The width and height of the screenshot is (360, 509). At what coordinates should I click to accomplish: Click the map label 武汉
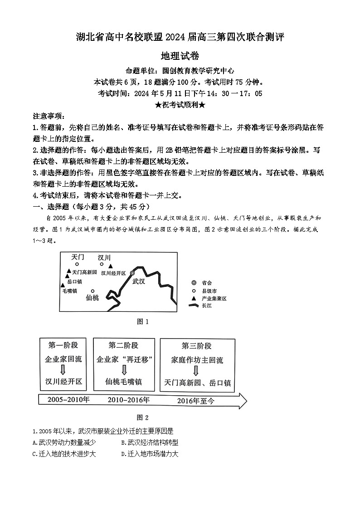138,281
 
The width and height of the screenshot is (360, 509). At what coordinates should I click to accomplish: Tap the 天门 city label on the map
78,257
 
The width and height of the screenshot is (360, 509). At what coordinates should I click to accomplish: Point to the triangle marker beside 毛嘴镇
63,285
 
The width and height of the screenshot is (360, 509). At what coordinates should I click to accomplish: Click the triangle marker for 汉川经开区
110,267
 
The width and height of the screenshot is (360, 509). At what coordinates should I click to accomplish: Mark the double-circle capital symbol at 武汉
132,273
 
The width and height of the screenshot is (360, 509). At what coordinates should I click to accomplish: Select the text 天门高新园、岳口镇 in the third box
198,383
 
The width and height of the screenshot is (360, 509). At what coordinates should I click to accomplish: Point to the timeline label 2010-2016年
129,400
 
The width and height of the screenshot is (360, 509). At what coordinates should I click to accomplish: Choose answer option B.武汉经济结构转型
150,442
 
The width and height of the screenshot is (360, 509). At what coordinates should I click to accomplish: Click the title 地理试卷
180,56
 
